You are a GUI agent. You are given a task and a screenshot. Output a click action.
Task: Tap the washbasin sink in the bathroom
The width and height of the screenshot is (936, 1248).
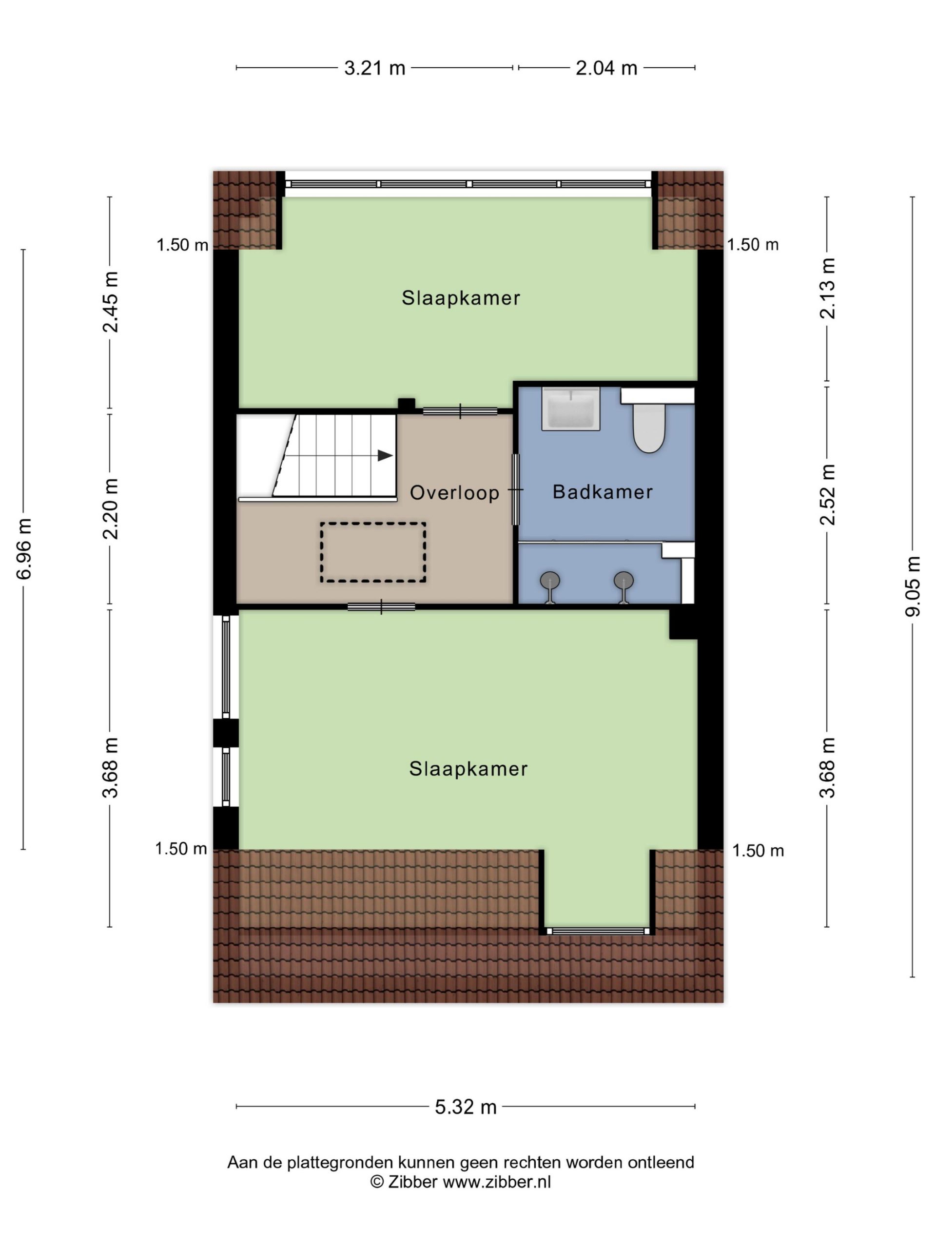pos(570,409)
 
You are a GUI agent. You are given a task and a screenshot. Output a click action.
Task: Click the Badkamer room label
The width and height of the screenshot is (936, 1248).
pos(603,492)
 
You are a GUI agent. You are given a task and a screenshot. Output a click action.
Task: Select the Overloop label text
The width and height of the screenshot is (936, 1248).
pos(454,493)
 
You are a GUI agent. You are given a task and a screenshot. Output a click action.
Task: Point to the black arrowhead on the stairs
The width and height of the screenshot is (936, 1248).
pos(385,455)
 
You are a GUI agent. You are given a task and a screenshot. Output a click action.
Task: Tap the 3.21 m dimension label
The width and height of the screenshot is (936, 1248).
pos(374,68)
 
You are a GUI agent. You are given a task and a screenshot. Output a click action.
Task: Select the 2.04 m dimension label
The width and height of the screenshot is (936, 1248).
pos(606,68)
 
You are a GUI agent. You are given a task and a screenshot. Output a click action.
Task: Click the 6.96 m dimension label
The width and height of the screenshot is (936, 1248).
pos(24,548)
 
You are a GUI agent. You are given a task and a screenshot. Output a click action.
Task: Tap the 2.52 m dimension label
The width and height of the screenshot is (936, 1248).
pos(827,495)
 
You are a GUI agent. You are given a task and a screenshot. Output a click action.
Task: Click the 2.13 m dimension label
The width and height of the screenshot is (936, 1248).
pos(827,288)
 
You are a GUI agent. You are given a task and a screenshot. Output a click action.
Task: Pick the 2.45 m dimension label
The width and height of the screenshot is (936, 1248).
pos(110,302)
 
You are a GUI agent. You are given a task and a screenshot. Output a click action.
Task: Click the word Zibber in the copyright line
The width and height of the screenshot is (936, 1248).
pos(412,1182)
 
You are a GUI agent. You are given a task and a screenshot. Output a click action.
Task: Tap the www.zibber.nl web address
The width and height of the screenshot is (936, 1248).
pos(496,1182)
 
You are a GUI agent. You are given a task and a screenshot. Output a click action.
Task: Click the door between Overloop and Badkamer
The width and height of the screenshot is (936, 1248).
pos(516,490)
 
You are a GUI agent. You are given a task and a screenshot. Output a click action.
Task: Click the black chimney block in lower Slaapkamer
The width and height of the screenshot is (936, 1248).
pos(683,624)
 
